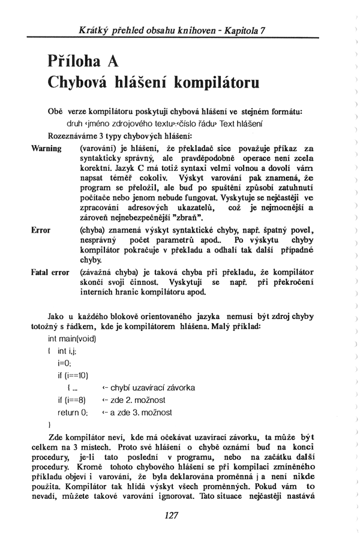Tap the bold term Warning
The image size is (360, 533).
46,148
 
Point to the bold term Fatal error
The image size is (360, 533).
50,272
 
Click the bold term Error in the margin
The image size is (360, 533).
41,230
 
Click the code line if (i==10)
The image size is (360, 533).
73,375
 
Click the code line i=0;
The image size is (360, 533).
65,363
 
